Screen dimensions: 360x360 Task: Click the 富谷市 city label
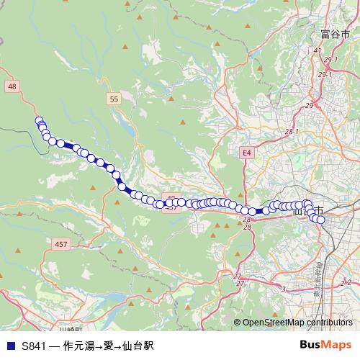[x=336, y=34]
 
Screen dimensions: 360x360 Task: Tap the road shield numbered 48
[x=12, y=86]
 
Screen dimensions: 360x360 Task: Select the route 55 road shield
[x=114, y=98]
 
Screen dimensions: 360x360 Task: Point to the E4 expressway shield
[x=246, y=153]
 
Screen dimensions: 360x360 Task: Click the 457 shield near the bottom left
[x=60, y=245]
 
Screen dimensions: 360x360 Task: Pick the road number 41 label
[x=318, y=50]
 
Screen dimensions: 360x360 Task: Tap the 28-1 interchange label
[x=291, y=132]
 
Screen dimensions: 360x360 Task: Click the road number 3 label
[x=284, y=289]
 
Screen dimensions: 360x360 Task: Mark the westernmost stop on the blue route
[x=39, y=121]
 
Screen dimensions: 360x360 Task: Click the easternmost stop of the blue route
[x=320, y=220]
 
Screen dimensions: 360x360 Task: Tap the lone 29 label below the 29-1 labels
[x=309, y=106]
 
